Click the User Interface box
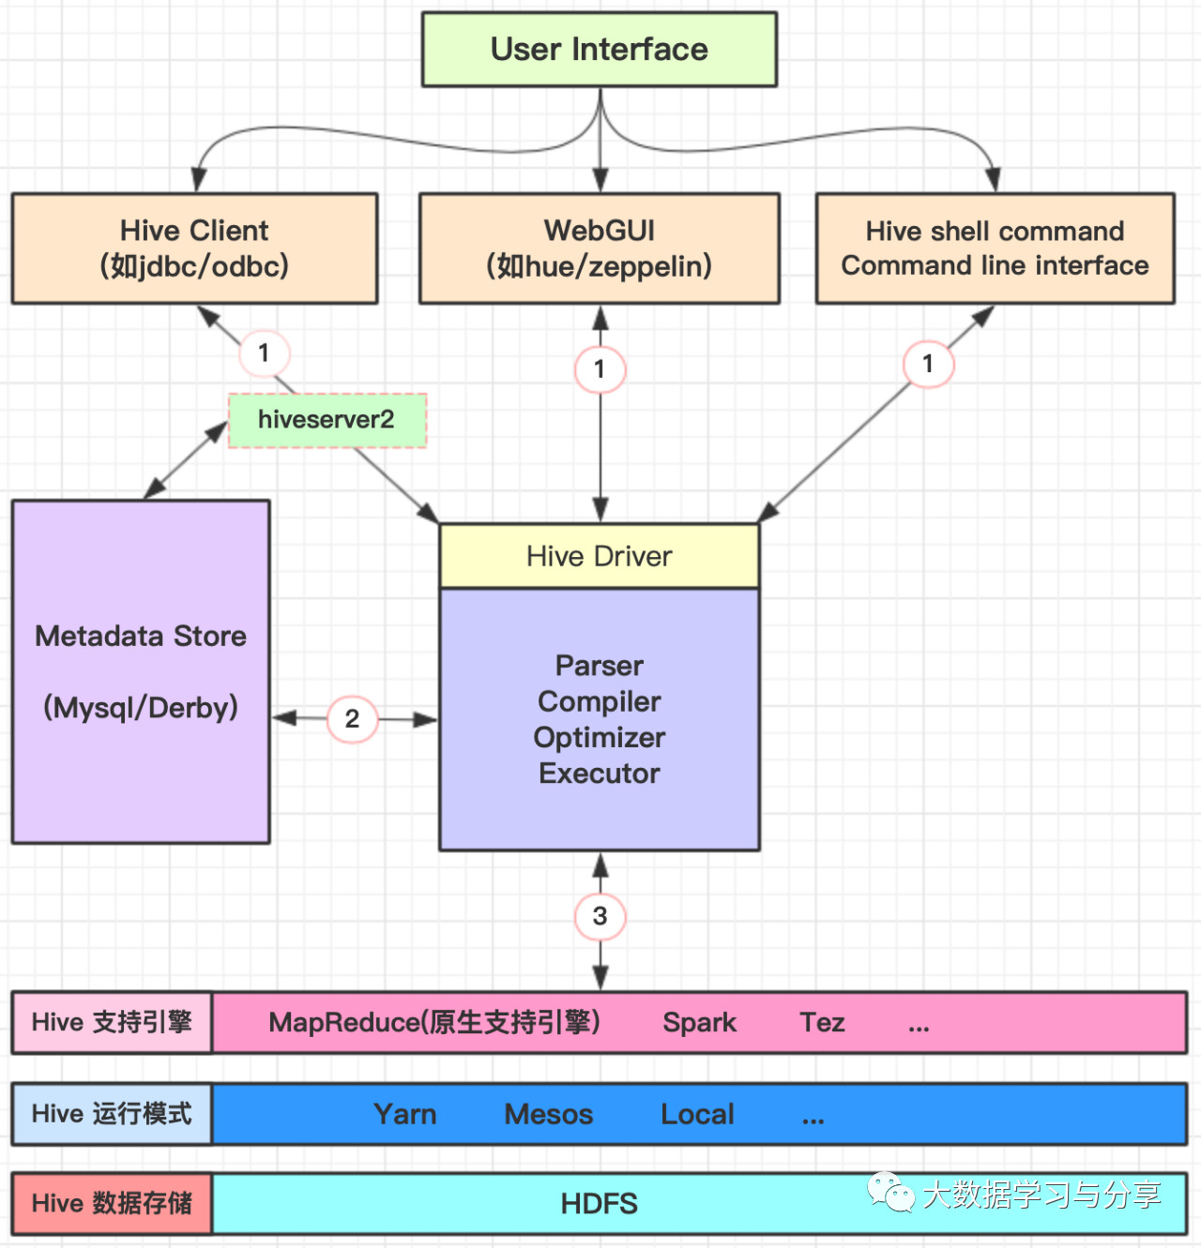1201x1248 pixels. click(x=599, y=50)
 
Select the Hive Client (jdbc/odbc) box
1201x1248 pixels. click(x=194, y=248)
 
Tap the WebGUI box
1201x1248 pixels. click(x=599, y=248)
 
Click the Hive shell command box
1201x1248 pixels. click(x=995, y=248)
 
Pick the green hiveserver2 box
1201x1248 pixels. click(x=327, y=419)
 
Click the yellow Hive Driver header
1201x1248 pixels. click(x=599, y=556)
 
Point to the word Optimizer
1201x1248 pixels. click(x=599, y=738)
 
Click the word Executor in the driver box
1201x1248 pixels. click(x=599, y=774)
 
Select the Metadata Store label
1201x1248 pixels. click(x=141, y=637)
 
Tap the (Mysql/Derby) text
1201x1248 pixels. click(x=141, y=707)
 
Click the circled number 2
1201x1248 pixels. click(x=352, y=719)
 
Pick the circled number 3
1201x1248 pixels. click(x=600, y=916)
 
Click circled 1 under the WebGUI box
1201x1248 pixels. click(x=600, y=369)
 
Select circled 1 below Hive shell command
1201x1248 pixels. click(x=928, y=364)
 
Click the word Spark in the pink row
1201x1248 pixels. click(x=699, y=1023)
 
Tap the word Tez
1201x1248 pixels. click(x=822, y=1023)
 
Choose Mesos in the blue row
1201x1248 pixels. click(x=549, y=1115)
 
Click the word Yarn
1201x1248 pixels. click(x=405, y=1115)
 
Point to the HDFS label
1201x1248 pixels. click(x=599, y=1204)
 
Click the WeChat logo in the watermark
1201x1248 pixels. click(x=891, y=1193)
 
